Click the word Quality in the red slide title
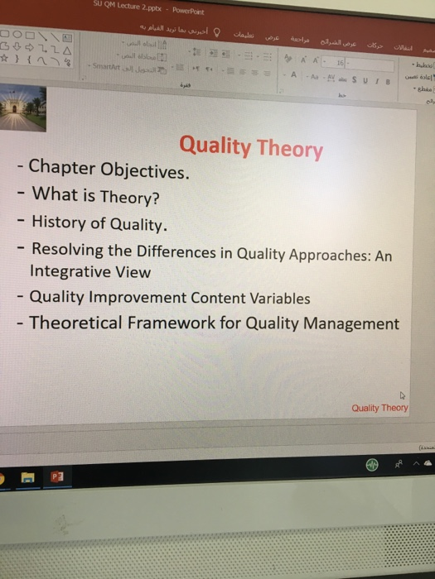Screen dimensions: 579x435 215,146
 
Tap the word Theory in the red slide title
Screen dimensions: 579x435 290,149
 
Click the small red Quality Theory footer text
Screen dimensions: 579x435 379,408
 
